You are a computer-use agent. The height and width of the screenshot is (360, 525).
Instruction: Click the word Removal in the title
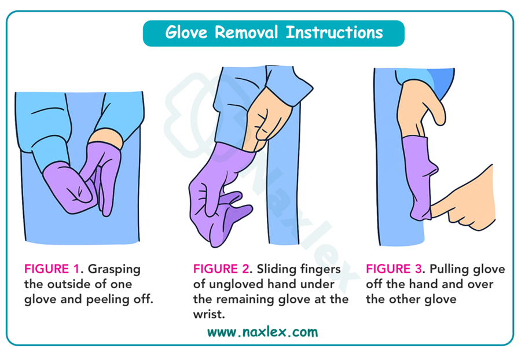(246, 32)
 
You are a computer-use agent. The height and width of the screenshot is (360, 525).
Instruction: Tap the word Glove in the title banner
(186, 32)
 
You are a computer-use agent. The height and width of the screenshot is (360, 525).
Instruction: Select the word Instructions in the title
(334, 32)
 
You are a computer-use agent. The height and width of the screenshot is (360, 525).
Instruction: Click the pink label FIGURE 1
(52, 269)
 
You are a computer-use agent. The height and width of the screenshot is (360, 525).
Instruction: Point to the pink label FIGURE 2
(221, 269)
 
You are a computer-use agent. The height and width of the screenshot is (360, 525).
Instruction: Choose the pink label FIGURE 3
(394, 269)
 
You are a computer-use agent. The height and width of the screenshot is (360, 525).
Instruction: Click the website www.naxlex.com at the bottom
(263, 332)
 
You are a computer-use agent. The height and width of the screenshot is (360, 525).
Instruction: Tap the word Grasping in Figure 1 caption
(114, 270)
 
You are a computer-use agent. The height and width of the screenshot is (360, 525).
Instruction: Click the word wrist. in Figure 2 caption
(209, 314)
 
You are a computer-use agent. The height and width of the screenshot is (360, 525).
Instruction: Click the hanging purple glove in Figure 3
(418, 178)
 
